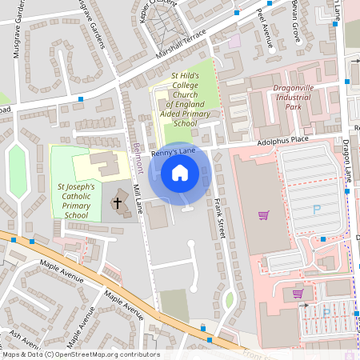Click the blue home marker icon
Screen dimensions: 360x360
(180, 172)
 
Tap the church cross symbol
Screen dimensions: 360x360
(117, 202)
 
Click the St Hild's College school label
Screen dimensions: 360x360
(183, 99)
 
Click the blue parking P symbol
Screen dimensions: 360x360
(317, 210)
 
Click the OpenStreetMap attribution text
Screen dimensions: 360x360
(80, 354)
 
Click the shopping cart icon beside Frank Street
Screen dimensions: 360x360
(263, 214)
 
